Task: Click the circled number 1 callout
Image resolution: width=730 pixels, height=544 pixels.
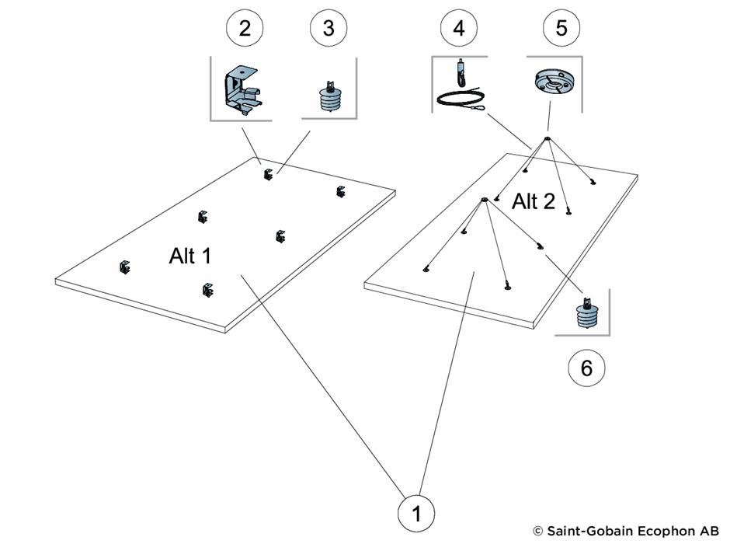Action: [x=416, y=513]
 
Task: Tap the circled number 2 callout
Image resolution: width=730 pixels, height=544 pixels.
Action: [x=245, y=28]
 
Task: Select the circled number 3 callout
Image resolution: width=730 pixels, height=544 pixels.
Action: [x=328, y=28]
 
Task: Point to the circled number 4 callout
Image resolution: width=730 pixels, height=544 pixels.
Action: [x=459, y=28]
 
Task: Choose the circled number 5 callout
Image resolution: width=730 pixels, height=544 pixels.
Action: [x=561, y=28]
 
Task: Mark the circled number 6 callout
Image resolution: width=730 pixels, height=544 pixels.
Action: [x=586, y=368]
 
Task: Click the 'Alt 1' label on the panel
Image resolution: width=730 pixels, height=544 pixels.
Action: [x=190, y=256]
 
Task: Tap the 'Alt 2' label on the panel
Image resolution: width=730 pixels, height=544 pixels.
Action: [x=534, y=201]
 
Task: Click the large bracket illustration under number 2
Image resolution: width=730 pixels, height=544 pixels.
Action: [x=242, y=90]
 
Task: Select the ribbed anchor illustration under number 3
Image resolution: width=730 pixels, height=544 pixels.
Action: [x=330, y=96]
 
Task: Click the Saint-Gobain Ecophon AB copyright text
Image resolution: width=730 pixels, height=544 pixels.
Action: [x=626, y=531]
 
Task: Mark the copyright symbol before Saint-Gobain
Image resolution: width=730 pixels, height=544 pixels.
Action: [x=537, y=532]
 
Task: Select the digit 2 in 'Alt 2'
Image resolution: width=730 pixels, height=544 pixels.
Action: [x=548, y=201]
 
